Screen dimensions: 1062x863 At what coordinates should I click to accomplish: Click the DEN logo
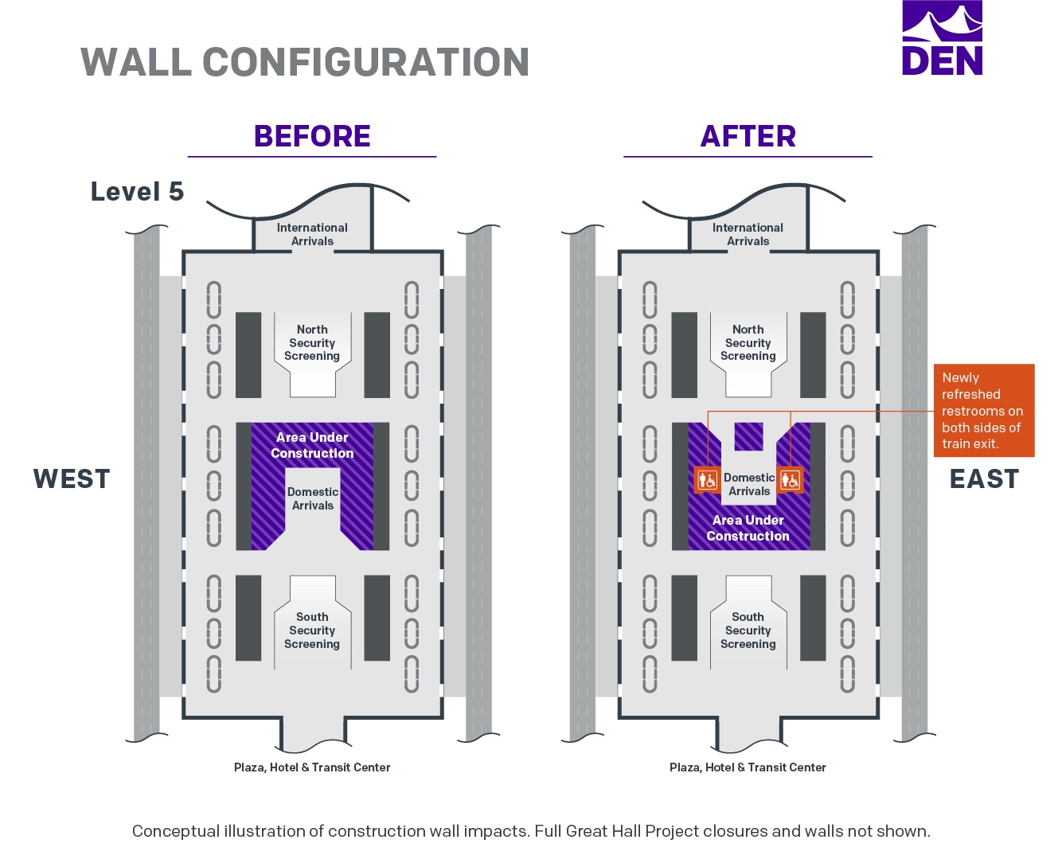coord(942,38)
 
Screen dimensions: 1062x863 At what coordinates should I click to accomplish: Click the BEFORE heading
coord(312,136)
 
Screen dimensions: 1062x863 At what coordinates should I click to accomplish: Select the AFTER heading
coord(748,136)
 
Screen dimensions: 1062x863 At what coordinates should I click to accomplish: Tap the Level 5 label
coord(137,191)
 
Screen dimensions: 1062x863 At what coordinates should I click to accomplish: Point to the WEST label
coord(72,478)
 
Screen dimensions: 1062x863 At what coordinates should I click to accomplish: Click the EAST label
coord(984,478)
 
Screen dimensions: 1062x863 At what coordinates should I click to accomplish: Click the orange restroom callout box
coord(984,410)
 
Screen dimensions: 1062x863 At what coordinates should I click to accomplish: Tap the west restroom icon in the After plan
coord(708,480)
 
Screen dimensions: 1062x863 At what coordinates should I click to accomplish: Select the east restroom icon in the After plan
coord(791,480)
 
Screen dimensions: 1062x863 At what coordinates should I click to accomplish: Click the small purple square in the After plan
coord(748,437)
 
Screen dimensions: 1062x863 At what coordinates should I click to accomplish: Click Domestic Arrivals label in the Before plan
coord(313,498)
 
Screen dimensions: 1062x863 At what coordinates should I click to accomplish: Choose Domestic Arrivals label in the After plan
coord(749,484)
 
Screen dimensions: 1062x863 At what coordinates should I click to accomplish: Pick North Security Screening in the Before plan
coord(312,342)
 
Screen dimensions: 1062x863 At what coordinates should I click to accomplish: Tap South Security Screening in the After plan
coord(748,631)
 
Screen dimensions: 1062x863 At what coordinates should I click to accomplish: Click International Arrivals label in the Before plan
coord(312,234)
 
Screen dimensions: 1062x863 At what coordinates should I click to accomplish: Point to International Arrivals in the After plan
coord(748,234)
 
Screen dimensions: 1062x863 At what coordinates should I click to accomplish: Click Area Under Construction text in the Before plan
coord(312,445)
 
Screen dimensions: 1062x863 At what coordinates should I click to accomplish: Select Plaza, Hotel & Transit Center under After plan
coord(748,767)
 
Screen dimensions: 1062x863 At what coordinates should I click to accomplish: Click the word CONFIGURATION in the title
coord(366,62)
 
